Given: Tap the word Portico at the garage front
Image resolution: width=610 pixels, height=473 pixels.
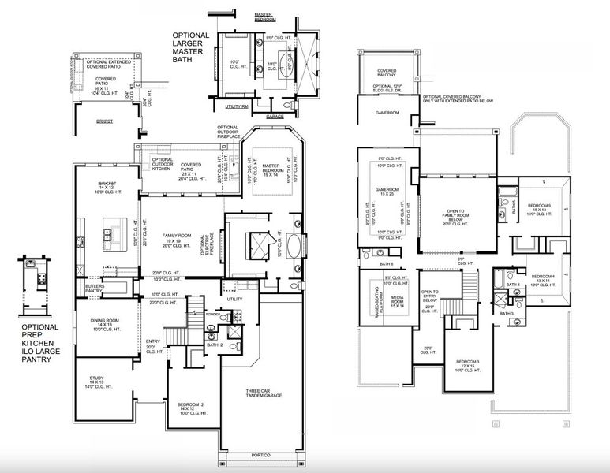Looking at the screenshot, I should pyautogui.click(x=260, y=455).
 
